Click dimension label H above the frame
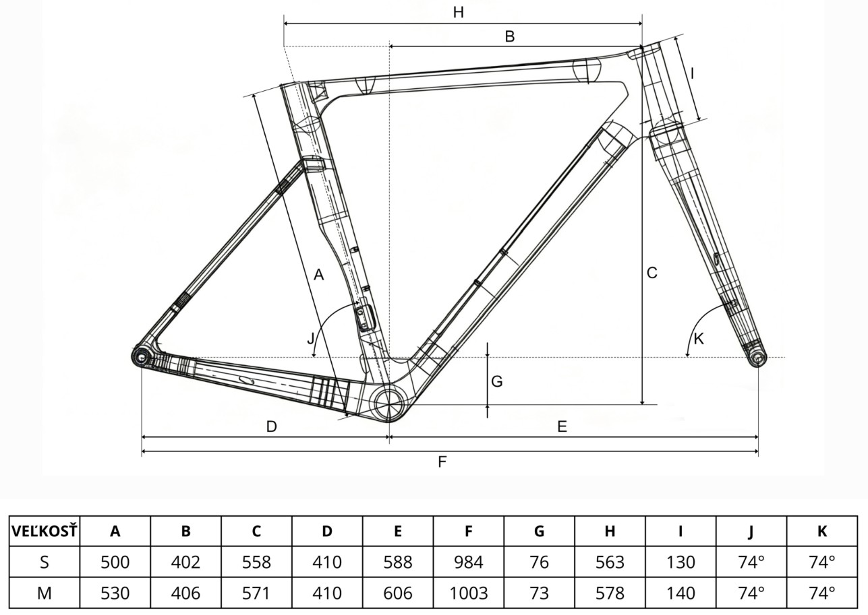459,12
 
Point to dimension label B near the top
510,36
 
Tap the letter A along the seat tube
319,274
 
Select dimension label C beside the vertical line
652,273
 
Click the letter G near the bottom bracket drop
497,381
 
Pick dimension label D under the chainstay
271,426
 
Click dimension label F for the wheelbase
442,461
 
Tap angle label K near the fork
699,339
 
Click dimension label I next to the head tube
692,73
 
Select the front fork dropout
757,358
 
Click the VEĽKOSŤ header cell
45,531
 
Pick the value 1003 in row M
468,593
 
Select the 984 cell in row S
468,562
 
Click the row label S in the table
45,562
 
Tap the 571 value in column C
256,593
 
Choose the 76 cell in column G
539,562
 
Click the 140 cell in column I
680,593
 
